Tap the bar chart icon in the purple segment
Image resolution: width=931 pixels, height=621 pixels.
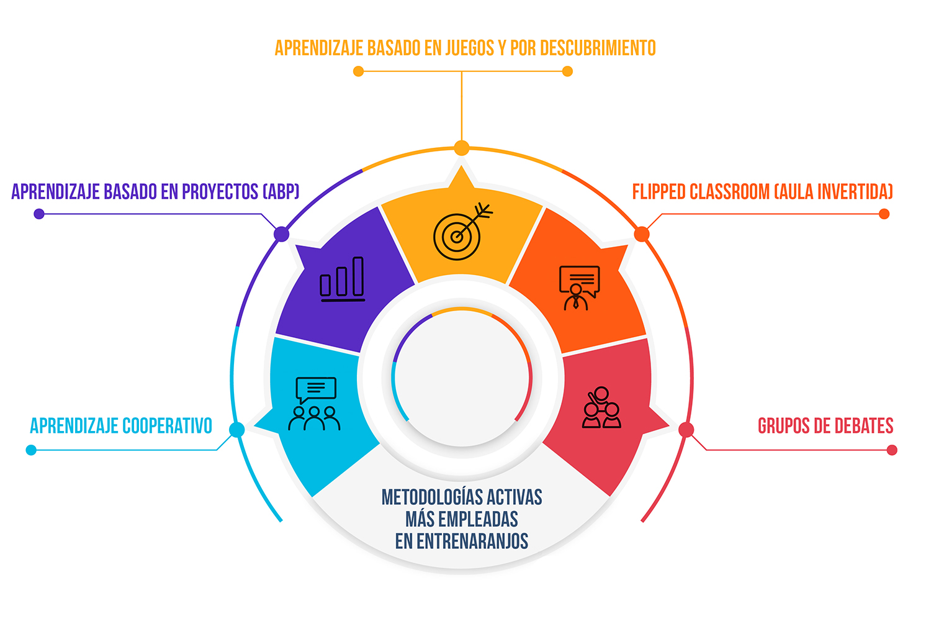(342, 279)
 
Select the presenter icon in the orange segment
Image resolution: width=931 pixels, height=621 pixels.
(579, 288)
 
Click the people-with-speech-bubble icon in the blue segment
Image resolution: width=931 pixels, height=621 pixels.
(315, 404)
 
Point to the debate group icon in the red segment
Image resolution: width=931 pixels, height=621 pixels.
(601, 407)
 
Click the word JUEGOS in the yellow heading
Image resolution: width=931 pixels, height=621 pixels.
(469, 48)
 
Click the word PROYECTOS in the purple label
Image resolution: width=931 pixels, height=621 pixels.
(220, 192)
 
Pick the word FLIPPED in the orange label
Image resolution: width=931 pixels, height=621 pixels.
(659, 192)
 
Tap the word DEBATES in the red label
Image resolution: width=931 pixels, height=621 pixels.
(864, 426)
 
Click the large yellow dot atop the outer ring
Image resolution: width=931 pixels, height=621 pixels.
(462, 148)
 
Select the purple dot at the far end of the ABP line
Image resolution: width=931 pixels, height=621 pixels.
(39, 214)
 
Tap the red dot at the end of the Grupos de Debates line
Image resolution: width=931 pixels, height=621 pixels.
(892, 450)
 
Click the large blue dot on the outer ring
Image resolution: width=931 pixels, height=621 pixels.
(237, 430)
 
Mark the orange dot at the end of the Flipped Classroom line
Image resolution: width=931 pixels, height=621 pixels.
(884, 214)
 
